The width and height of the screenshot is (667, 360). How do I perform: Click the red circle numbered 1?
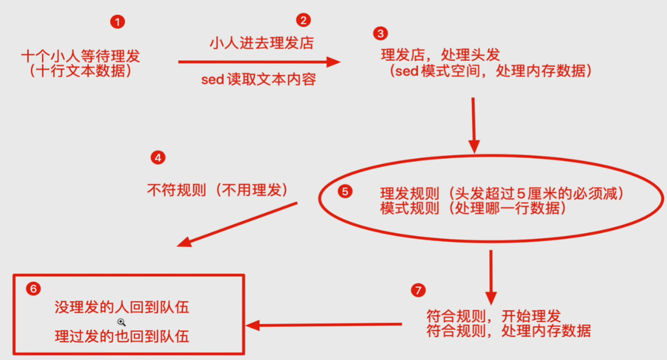tap(118, 22)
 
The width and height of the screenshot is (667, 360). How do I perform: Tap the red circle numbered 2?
tap(303, 20)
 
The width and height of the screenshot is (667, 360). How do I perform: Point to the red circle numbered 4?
tap(157, 157)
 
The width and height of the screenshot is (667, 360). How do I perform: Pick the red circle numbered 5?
tap(345, 191)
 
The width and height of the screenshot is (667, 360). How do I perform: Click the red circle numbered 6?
tap(33, 289)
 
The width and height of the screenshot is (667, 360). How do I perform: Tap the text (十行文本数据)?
tap(81, 71)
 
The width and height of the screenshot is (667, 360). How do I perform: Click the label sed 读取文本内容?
tap(259, 80)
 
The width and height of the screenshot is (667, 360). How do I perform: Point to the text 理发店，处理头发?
tap(440, 54)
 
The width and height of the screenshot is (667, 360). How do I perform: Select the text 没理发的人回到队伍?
tap(122, 307)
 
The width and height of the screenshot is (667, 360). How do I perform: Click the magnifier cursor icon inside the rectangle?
tap(121, 322)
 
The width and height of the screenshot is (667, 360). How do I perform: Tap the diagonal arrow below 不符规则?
tap(238, 224)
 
